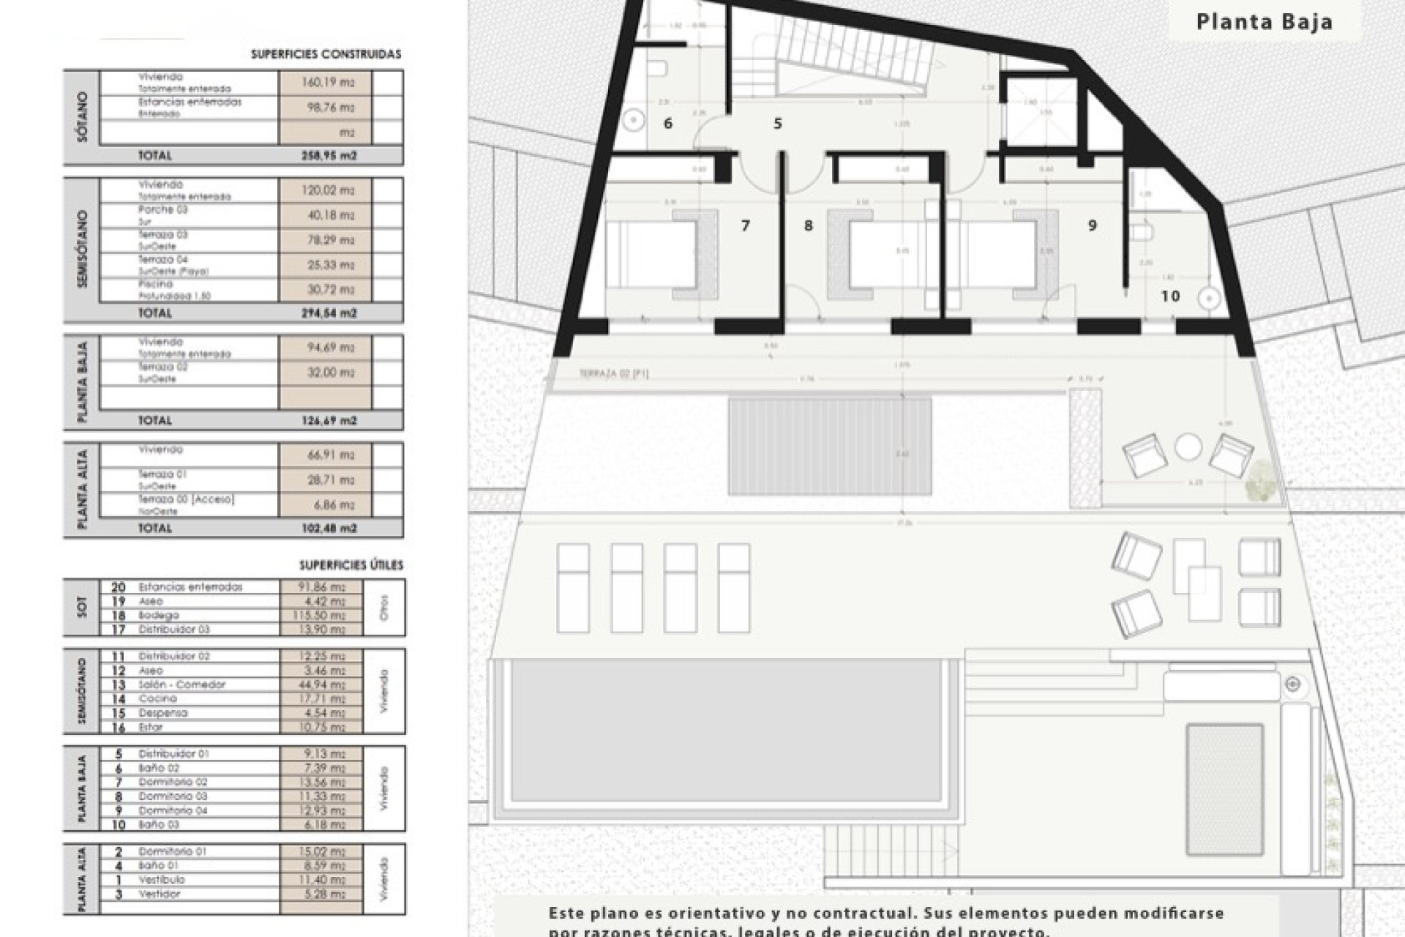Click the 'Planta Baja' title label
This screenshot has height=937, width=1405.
1264,22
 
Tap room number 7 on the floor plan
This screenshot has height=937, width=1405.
746,225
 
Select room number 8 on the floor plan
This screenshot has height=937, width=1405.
808,225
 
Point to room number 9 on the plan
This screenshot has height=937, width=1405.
1092,225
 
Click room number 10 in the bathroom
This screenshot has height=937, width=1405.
1170,296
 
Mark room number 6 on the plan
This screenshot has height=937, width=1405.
667,123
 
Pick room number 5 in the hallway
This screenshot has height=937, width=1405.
778,123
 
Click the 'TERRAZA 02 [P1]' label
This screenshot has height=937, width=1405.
613,374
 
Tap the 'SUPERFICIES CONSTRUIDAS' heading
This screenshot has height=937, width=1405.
326,54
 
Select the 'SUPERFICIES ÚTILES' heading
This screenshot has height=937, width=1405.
351,565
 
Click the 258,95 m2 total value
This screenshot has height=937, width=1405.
328,156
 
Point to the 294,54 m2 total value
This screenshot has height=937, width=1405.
328,313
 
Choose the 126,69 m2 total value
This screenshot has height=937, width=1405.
328,421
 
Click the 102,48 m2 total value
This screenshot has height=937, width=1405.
328,529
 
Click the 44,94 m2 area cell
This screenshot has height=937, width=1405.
322,684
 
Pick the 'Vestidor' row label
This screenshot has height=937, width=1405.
159,894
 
